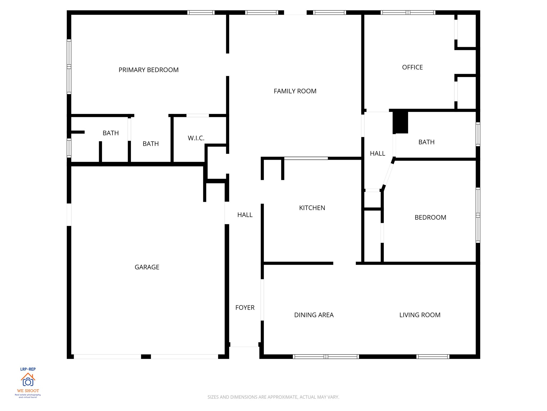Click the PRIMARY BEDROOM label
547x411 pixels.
[x=149, y=70]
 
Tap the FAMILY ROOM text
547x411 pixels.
[x=295, y=91]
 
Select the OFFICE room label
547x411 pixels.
[x=412, y=67]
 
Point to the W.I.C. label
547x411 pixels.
[x=196, y=138]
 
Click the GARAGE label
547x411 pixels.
[x=147, y=267]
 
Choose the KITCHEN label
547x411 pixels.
[x=312, y=208]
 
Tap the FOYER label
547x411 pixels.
[x=245, y=308]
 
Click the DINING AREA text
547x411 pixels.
[x=314, y=315]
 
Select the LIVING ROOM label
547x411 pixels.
[x=420, y=315]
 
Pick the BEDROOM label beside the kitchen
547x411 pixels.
[x=430, y=218]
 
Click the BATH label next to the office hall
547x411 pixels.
[x=426, y=142]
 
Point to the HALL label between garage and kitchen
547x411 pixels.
[x=245, y=215]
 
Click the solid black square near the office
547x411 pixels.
[x=400, y=122]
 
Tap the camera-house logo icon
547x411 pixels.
[x=28, y=379]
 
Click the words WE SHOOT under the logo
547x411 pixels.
[x=28, y=391]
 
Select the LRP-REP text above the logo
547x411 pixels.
[x=28, y=369]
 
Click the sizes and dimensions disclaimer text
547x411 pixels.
[x=273, y=397]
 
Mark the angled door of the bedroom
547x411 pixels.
[x=388, y=174]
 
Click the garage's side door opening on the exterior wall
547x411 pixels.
[x=69, y=215]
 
